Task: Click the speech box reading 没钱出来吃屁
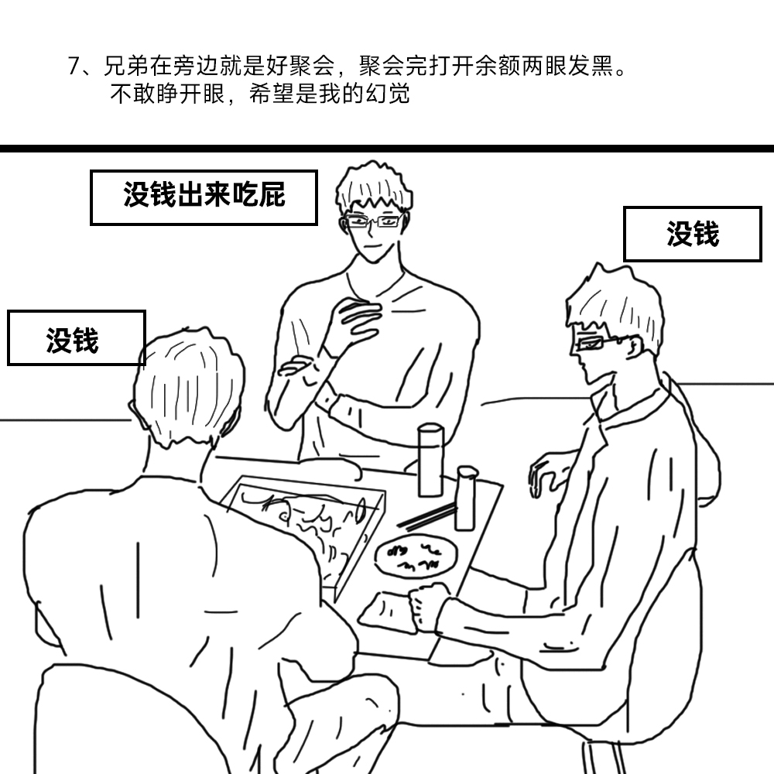point(204,197)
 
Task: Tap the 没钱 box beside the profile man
point(693,234)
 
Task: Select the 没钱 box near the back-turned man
point(77,338)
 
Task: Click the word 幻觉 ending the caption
point(388,94)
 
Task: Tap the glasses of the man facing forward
point(372,221)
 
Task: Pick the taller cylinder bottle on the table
point(430,460)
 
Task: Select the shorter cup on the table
point(465,498)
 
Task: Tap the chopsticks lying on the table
point(426,516)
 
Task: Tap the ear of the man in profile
point(635,347)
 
